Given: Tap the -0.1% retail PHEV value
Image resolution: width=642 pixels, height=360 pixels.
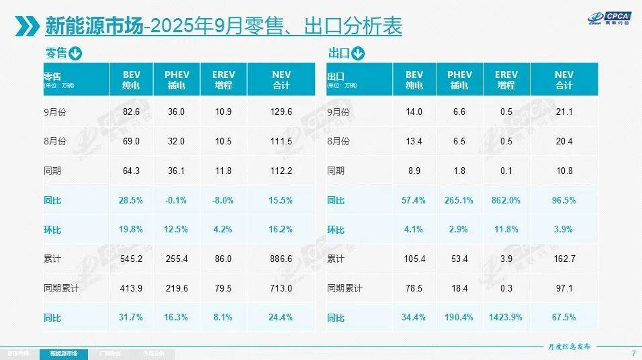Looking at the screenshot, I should click(177, 200).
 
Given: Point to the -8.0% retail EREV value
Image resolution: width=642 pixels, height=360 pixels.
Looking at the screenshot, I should click(223, 200).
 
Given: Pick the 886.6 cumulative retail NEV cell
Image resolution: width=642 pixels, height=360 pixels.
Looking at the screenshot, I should click(281, 259).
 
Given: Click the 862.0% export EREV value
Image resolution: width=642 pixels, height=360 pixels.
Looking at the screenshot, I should click(506, 200).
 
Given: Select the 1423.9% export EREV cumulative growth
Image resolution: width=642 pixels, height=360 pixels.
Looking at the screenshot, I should click(506, 317).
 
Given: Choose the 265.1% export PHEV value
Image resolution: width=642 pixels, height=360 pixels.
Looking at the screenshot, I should click(459, 200).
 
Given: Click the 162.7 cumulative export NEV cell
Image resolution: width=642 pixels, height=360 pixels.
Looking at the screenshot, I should click(563, 259).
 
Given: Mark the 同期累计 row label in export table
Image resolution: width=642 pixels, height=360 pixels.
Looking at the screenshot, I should click(345, 288).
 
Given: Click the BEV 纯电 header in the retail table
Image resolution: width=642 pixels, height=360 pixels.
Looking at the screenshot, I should click(132, 80).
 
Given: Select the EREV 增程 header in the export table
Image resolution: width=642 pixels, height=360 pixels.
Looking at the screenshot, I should click(506, 80).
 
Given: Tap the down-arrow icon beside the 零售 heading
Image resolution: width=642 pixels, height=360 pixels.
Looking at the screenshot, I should click(75, 53).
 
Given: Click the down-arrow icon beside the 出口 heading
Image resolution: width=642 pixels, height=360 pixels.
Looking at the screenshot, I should click(358, 53).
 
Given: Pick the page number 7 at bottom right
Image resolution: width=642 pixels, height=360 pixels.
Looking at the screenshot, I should click(633, 353).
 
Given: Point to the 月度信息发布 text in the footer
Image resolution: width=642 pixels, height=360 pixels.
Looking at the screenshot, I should click(565, 347).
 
